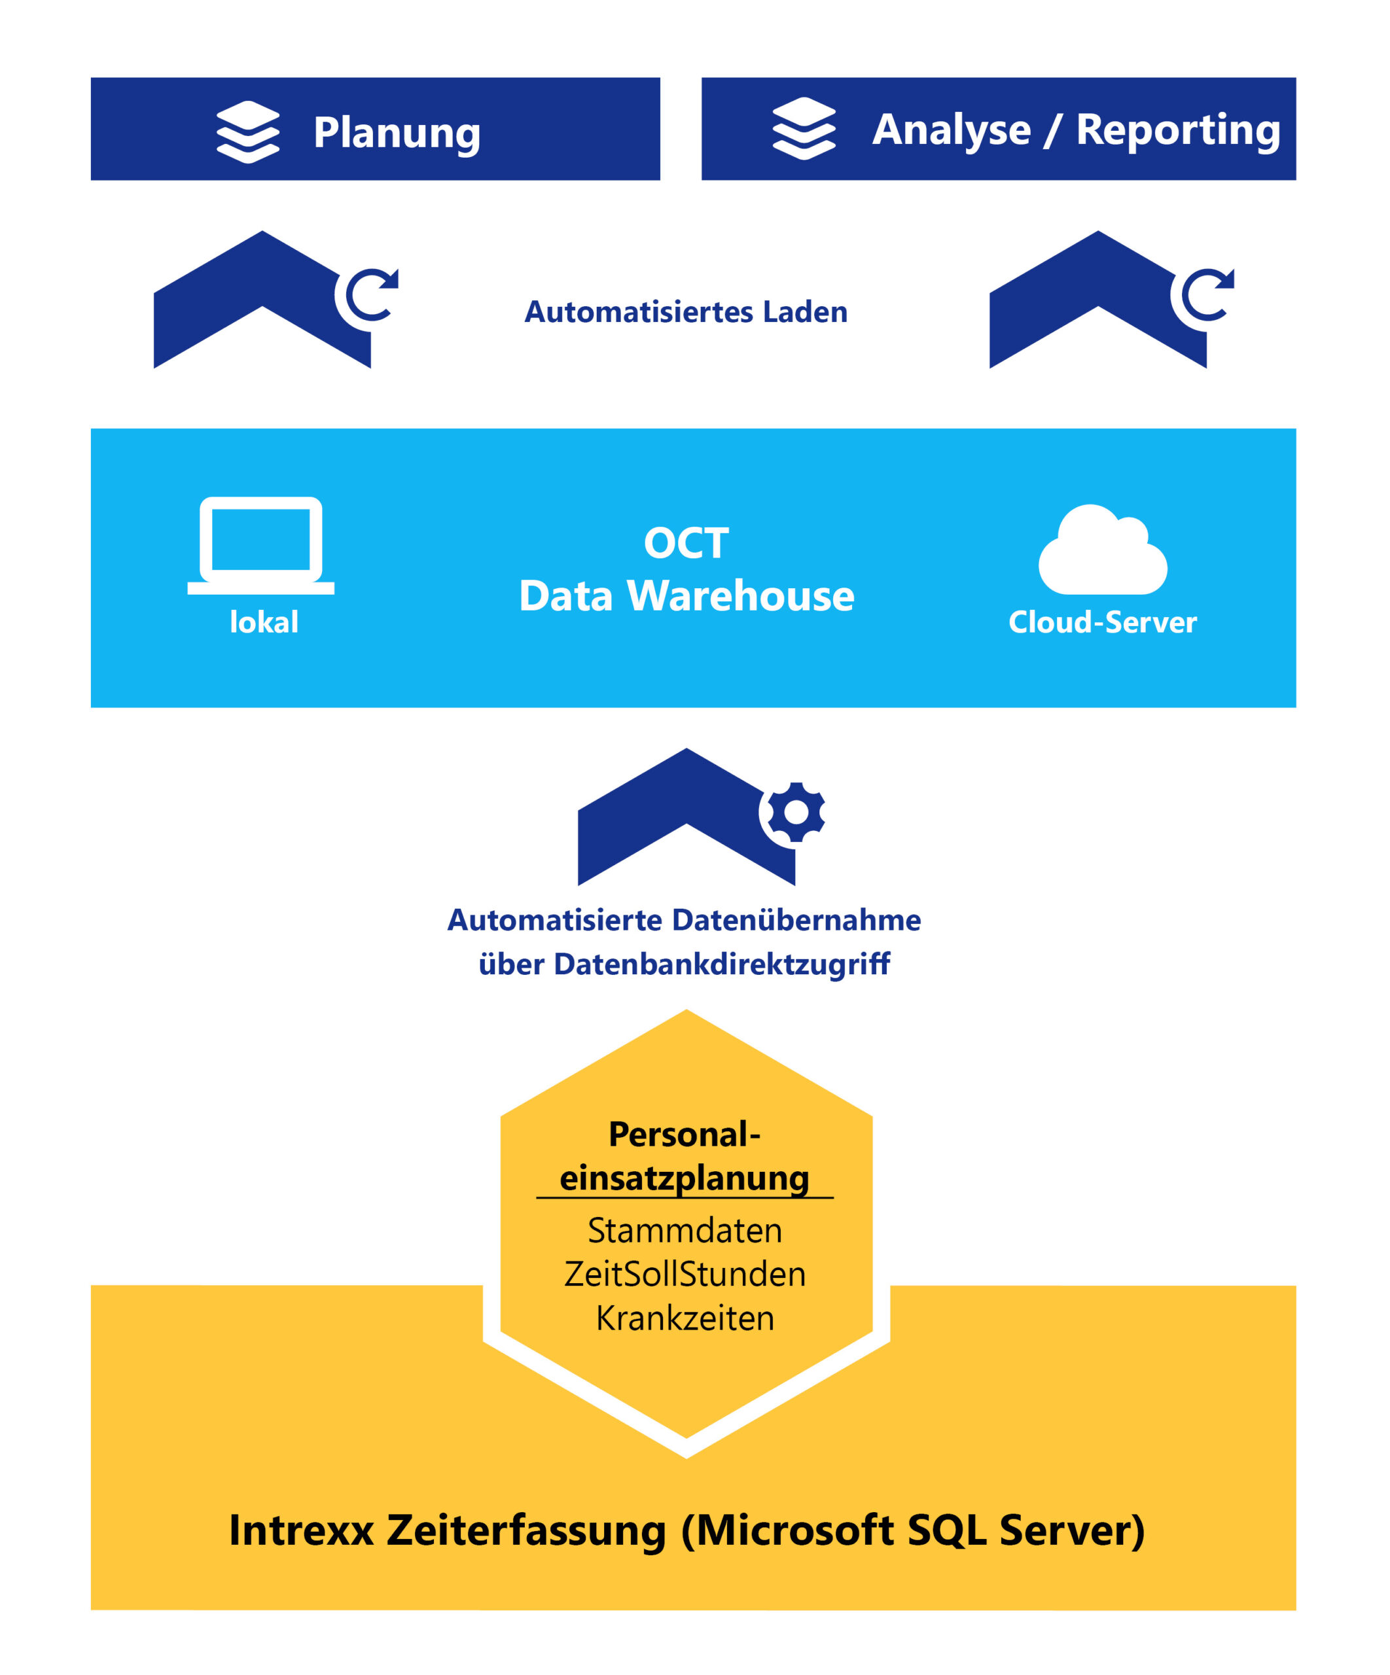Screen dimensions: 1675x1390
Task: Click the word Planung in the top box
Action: pyautogui.click(x=397, y=133)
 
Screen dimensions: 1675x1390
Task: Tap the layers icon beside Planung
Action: pyautogui.click(x=247, y=132)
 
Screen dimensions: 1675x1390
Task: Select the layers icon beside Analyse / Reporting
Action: pyautogui.click(x=804, y=128)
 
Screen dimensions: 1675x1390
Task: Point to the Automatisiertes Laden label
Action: pyautogui.click(x=685, y=312)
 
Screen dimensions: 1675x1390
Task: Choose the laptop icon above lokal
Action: pyautogui.click(x=261, y=545)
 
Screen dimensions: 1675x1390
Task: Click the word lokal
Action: pyautogui.click(x=264, y=622)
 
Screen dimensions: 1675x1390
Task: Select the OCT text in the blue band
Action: pyautogui.click(x=686, y=543)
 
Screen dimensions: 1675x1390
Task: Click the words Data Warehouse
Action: pyautogui.click(x=686, y=596)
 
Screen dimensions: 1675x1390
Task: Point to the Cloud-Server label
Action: pyautogui.click(x=1103, y=622)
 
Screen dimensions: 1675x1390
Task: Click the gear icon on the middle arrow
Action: pyautogui.click(x=796, y=812)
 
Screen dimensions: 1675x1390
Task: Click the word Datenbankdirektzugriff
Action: pyautogui.click(x=721, y=964)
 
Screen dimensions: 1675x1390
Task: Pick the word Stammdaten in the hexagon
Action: pyautogui.click(x=685, y=1231)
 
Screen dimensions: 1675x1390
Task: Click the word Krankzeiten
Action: pyautogui.click(x=685, y=1318)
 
